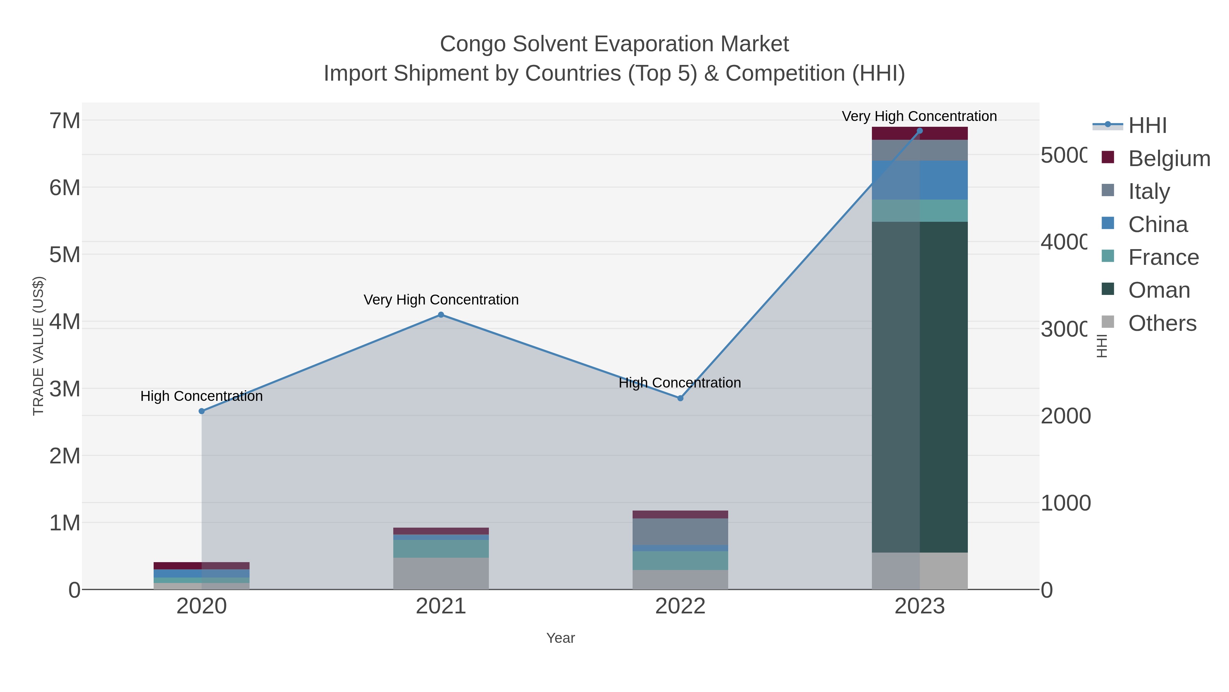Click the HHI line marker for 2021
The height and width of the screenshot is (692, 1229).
[441, 315]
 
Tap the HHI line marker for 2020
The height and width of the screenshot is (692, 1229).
[201, 411]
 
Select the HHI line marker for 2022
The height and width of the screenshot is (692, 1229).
[680, 398]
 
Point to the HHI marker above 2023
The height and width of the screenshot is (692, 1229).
[920, 131]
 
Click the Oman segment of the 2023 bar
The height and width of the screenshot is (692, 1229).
[920, 387]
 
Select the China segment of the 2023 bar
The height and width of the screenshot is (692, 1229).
[920, 180]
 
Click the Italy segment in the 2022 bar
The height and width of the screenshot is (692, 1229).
[680, 531]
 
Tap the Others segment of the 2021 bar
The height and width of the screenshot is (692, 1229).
[441, 573]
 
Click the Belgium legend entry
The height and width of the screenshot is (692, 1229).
[1169, 159]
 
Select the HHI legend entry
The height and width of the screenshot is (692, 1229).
[1147, 126]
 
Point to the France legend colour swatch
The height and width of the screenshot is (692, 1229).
[1108, 256]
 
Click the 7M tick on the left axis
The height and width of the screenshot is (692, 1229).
[65, 121]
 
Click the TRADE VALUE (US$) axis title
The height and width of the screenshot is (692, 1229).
[38, 346]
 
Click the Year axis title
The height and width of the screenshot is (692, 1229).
[561, 638]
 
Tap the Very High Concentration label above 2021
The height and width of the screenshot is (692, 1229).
[441, 300]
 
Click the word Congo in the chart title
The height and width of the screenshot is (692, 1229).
[472, 44]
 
